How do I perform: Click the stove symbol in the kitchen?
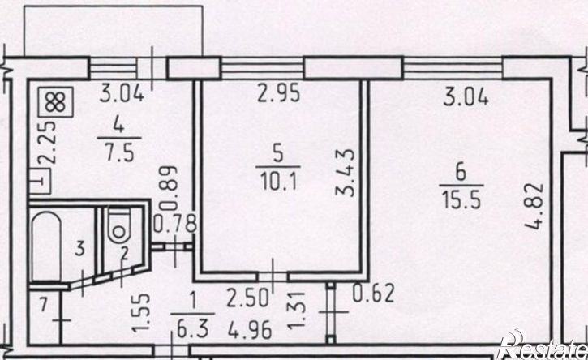click(55, 102)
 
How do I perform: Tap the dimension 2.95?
click(278, 94)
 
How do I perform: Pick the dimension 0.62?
click(374, 294)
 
